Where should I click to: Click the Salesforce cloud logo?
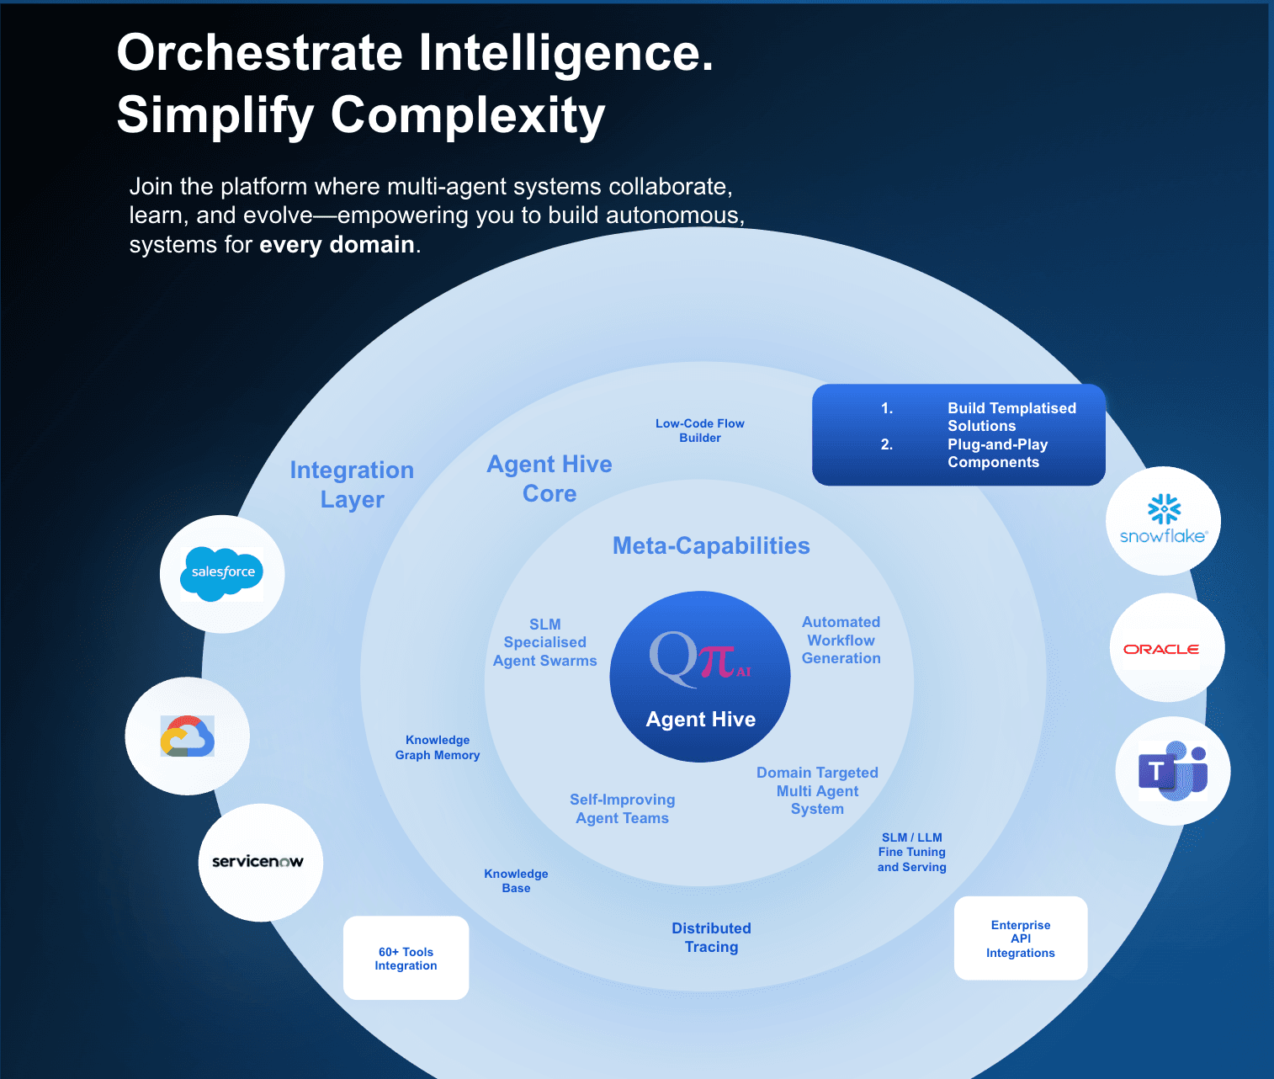[x=222, y=572]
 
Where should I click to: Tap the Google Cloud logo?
[x=187, y=736]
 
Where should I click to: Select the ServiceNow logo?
[x=257, y=862]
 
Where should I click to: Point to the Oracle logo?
[x=1161, y=649]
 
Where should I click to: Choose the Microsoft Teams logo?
[x=1173, y=771]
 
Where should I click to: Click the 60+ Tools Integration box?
[x=406, y=959]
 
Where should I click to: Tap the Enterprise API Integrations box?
[x=1020, y=938]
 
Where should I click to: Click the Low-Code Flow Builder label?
[x=700, y=430]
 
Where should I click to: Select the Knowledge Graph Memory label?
[x=438, y=747]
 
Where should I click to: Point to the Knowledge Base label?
[x=516, y=880]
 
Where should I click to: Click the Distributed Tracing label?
[x=711, y=937]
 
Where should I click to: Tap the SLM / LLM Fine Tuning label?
[x=911, y=852]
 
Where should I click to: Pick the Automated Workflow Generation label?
[x=841, y=640]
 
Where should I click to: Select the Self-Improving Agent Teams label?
[x=622, y=808]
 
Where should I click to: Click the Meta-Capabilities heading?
[x=711, y=545]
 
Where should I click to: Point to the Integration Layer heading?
[x=352, y=484]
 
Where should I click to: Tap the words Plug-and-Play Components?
[x=996, y=453]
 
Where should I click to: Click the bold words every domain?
[x=337, y=245]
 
